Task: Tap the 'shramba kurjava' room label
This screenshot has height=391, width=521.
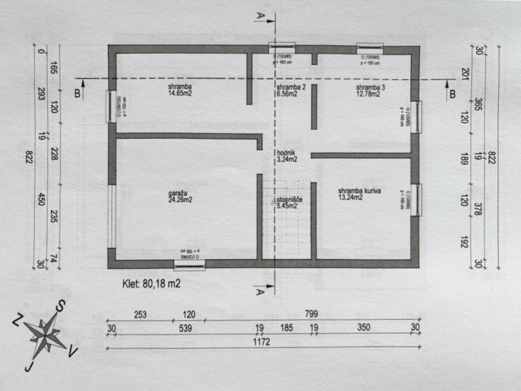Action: pyautogui.click(x=359, y=191)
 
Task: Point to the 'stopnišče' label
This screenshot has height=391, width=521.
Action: pyautogui.click(x=289, y=200)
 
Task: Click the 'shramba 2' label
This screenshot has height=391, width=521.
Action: pyautogui.click(x=291, y=87)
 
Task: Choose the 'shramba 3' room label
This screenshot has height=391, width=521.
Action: pyautogui.click(x=370, y=87)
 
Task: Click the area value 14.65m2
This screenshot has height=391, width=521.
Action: pyautogui.click(x=180, y=93)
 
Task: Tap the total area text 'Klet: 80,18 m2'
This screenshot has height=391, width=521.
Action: pyautogui.click(x=151, y=284)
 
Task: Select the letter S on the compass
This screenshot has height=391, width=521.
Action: pyautogui.click(x=61, y=306)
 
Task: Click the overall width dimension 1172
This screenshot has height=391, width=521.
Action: pyautogui.click(x=261, y=342)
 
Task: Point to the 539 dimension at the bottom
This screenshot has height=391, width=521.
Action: pyautogui.click(x=185, y=328)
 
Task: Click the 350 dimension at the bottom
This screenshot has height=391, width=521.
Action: pyautogui.click(x=363, y=327)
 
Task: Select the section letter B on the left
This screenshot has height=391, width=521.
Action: pyautogui.click(x=77, y=93)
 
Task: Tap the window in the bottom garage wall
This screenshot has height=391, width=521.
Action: pyautogui.click(x=189, y=265)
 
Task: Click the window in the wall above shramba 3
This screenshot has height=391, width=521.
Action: pyautogui.click(x=370, y=48)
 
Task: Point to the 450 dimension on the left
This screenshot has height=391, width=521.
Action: pyautogui.click(x=41, y=199)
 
